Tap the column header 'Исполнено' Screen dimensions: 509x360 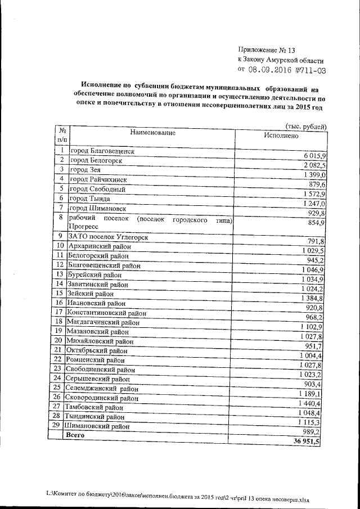pyautogui.click(x=280, y=136)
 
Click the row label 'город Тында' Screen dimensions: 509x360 pyautogui.click(x=93, y=199)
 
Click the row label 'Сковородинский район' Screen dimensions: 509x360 pyautogui.click(x=102, y=398)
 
